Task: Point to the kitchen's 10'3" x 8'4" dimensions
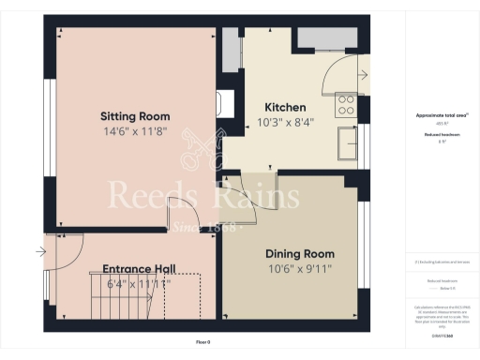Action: point(286,123)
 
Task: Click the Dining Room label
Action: point(300,253)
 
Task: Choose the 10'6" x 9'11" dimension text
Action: point(300,270)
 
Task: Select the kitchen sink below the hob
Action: point(347,143)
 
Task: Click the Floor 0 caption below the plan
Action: point(203,341)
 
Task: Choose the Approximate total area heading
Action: point(442,115)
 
